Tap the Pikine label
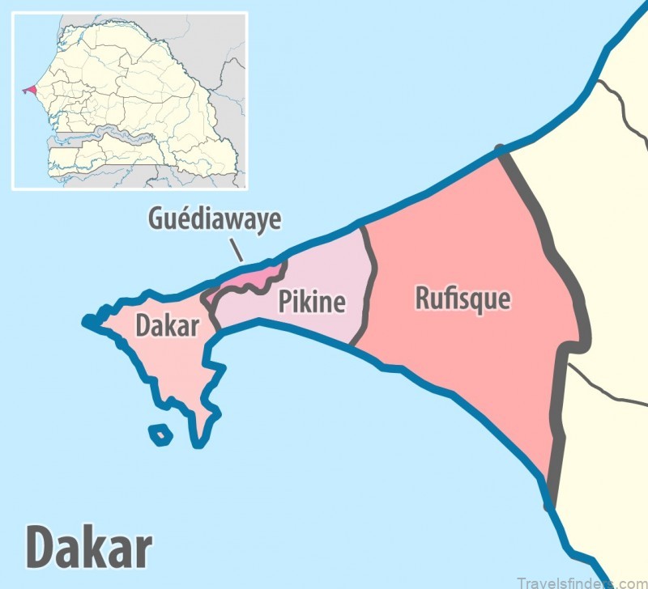pos(312,302)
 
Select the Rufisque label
pos(463,299)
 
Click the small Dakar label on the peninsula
pos(167,326)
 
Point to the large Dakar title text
pos(89,548)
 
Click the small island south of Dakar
pos(161,435)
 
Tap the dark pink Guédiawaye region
pos(247,280)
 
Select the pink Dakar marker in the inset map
pos(30,89)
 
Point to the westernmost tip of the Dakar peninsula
pos(87,323)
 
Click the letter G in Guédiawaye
pos(156,218)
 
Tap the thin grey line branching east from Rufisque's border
pos(607,388)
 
